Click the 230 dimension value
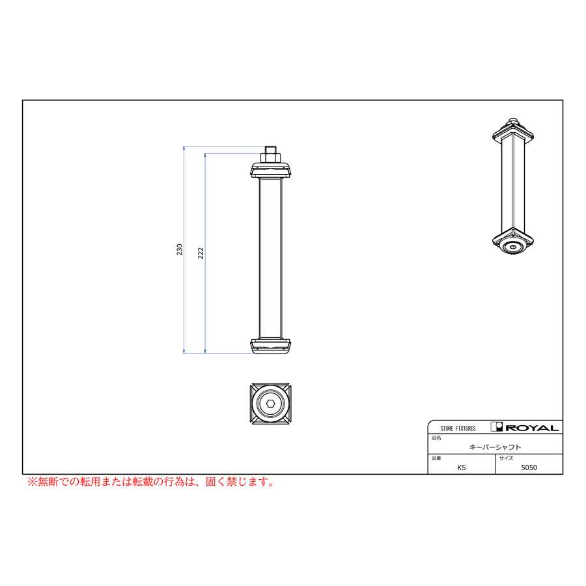[180, 249]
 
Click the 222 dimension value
[201, 253]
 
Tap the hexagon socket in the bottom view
[271, 404]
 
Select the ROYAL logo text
[532, 428]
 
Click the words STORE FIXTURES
[458, 428]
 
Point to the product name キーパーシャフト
[495, 447]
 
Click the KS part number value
[462, 467]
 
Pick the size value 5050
[529, 467]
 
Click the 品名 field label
[436, 438]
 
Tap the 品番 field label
[436, 458]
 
